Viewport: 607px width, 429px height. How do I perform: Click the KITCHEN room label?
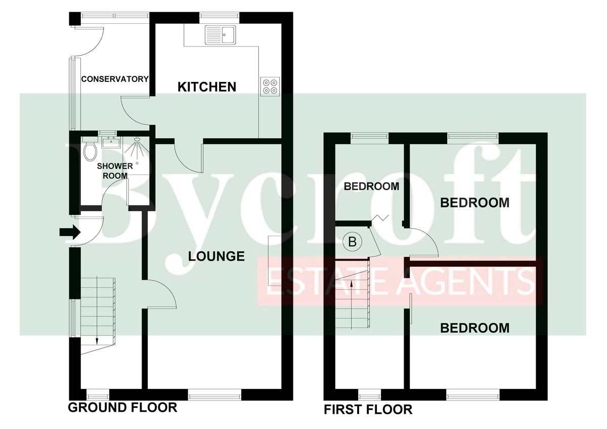207,87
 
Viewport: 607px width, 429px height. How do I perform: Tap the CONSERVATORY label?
115,79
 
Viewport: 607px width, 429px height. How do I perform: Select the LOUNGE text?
216,256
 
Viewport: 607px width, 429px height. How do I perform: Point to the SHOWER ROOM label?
115,170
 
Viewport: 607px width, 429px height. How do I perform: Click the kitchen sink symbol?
220,35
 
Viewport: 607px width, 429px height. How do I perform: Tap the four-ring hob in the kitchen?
270,86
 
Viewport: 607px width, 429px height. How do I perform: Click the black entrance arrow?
70,232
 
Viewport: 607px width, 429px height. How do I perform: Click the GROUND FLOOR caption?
122,407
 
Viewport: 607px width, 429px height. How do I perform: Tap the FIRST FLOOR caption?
368,409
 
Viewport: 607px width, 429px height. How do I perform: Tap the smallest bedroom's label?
371,186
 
